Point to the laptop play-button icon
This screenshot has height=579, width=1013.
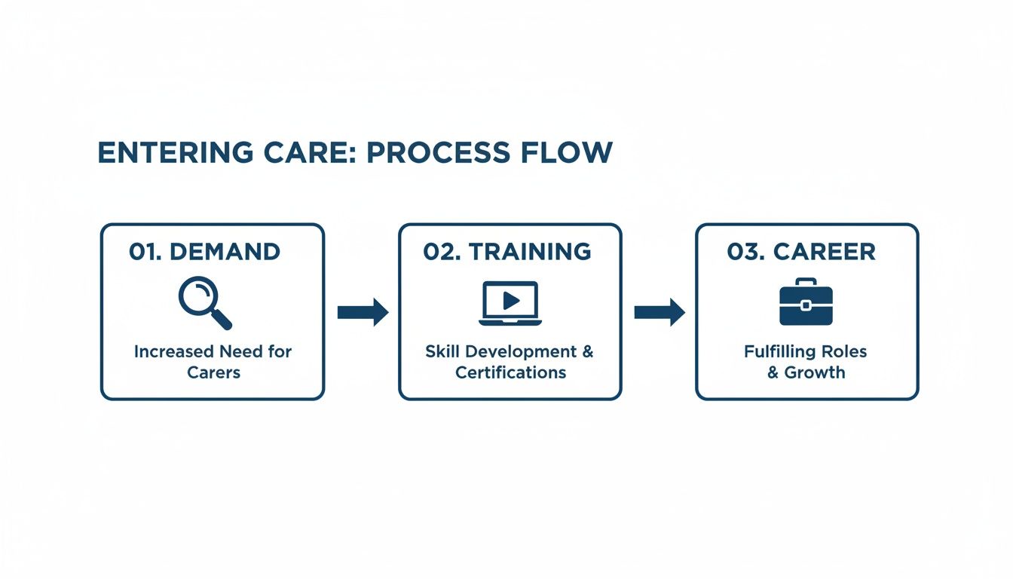click(x=510, y=303)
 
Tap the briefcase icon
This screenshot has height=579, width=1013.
click(x=806, y=302)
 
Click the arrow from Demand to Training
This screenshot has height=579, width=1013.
click(x=363, y=312)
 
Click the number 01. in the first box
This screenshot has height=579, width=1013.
click(x=145, y=252)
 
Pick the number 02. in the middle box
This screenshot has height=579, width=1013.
click(x=442, y=252)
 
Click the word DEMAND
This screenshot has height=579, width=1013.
click(x=225, y=252)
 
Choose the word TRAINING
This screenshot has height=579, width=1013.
click(x=530, y=252)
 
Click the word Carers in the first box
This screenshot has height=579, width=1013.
click(x=213, y=372)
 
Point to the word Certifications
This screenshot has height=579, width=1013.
click(x=510, y=372)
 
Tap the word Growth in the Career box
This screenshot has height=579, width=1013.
click(x=814, y=372)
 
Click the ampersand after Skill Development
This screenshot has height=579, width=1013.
click(x=586, y=351)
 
